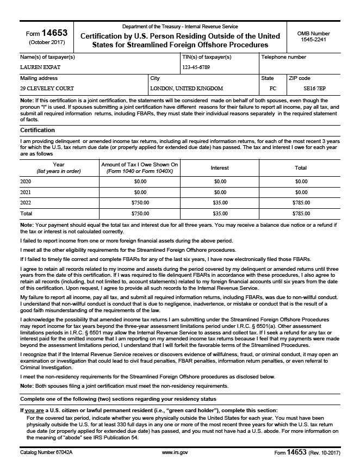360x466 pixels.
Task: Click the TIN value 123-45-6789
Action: click(196, 67)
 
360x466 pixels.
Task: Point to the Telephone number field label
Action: click(283, 57)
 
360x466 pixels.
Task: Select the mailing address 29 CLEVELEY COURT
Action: click(47, 88)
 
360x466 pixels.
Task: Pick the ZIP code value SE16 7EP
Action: click(312, 88)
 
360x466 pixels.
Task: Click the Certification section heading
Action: click(38, 131)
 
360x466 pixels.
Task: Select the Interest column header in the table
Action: click(220, 168)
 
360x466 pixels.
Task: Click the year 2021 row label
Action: click(26, 192)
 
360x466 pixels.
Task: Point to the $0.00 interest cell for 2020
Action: click(220, 181)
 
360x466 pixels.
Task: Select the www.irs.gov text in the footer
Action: click(175, 452)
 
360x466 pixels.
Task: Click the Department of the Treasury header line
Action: click(179, 27)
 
